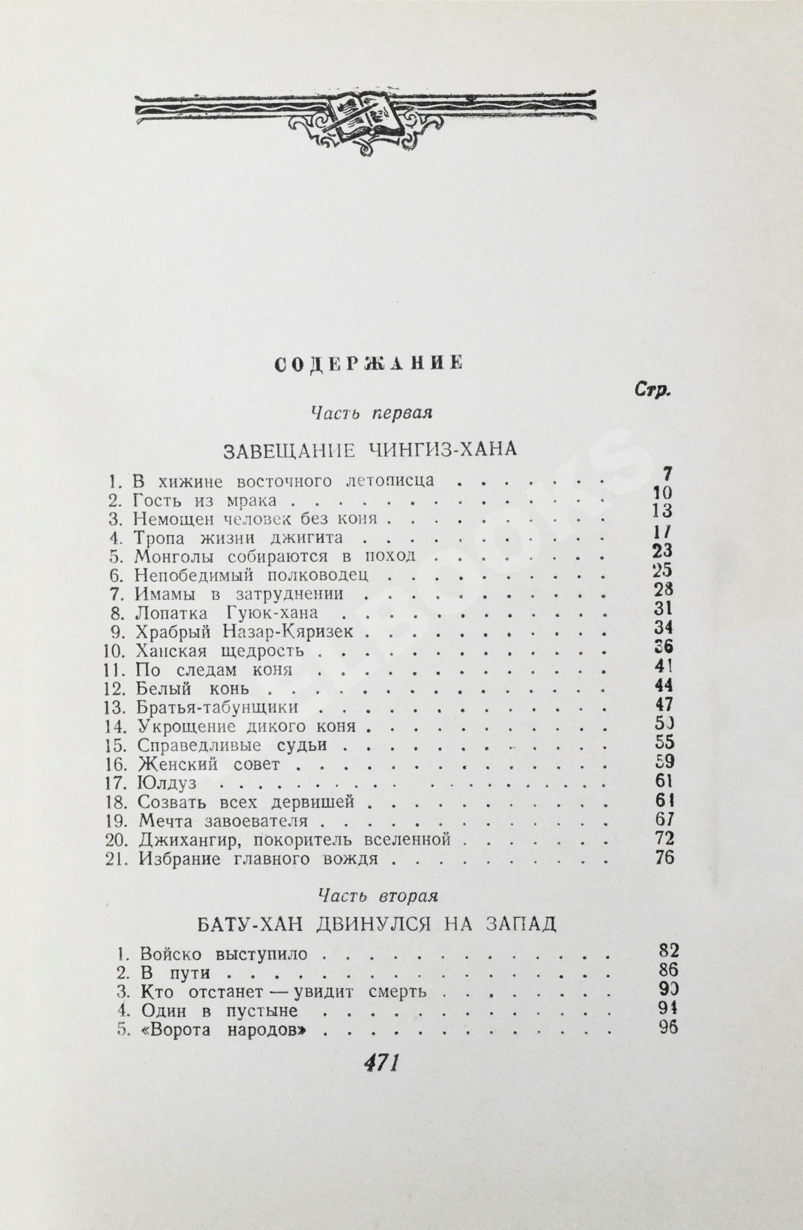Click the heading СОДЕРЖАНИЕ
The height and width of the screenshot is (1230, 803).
point(368,363)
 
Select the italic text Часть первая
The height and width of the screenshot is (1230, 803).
point(371,413)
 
